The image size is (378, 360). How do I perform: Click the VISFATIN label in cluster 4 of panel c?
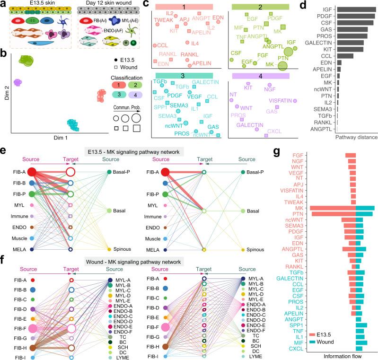point(268,101)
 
